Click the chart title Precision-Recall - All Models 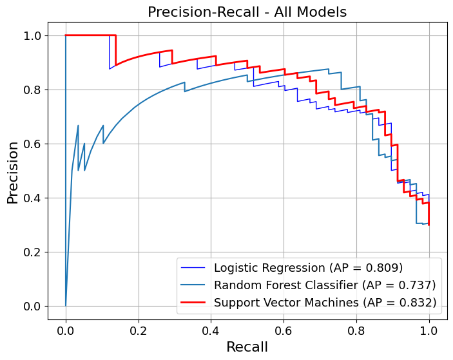click(x=247, y=12)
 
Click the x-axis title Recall click(x=247, y=347)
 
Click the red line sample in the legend click(x=194, y=301)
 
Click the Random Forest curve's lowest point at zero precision click(x=66, y=305)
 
